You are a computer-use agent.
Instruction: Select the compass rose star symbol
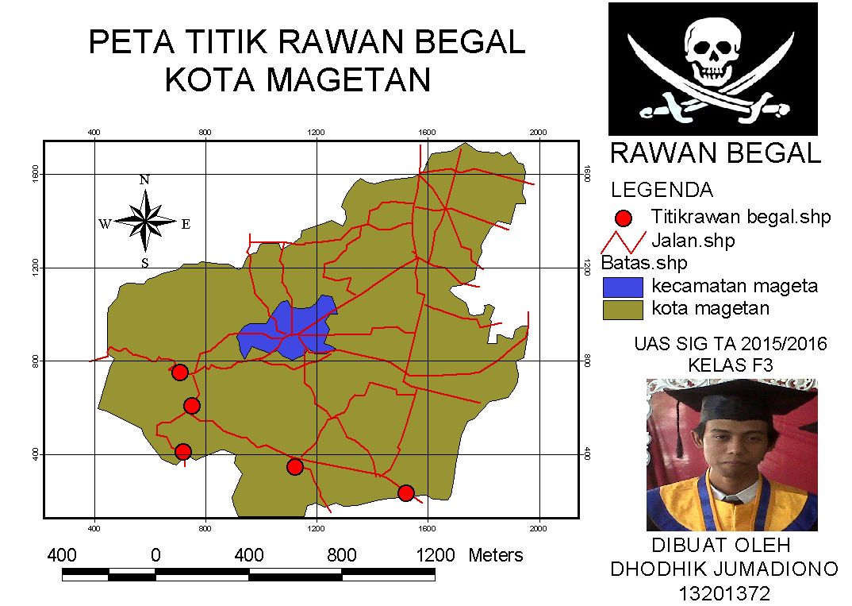click(145, 222)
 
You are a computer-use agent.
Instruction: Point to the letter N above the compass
click(144, 179)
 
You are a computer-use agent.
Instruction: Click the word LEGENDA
click(662, 191)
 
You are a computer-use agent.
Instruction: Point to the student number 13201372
click(724, 592)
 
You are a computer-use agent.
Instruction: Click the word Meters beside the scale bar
click(496, 555)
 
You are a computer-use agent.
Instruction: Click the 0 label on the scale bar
click(155, 555)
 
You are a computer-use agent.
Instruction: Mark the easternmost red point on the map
click(406, 493)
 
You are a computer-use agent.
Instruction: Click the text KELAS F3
click(731, 365)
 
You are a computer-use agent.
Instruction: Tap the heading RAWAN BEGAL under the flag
click(715, 153)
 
